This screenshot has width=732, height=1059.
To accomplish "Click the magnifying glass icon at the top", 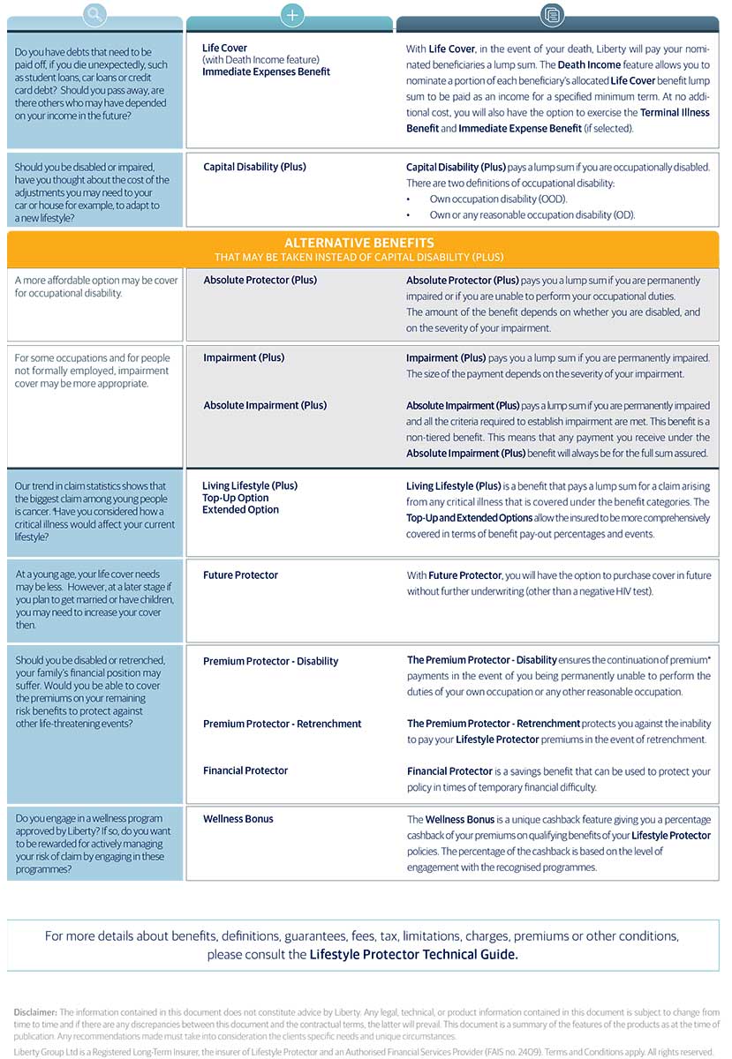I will pyautogui.click(x=94, y=14).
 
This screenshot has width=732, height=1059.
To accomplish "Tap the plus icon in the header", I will pyautogui.click(x=291, y=14).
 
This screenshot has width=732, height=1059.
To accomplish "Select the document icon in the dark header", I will pyautogui.click(x=553, y=14).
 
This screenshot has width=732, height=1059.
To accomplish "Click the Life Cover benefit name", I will pyautogui.click(x=224, y=49).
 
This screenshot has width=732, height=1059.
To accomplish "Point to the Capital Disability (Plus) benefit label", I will pyautogui.click(x=254, y=167).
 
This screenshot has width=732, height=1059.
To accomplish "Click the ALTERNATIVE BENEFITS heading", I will pyautogui.click(x=358, y=243).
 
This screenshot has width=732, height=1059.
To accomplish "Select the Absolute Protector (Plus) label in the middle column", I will pyautogui.click(x=260, y=280).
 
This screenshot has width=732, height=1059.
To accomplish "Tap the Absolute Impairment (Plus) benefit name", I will pyautogui.click(x=265, y=405).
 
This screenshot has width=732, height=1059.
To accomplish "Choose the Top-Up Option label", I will pyautogui.click(x=235, y=498).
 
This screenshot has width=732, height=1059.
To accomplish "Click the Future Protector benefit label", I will pyautogui.click(x=240, y=575).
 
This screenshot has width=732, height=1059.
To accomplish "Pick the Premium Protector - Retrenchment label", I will pyautogui.click(x=282, y=724).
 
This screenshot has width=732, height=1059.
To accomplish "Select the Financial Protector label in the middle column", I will pyautogui.click(x=245, y=770).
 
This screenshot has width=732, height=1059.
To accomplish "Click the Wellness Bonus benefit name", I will pyautogui.click(x=238, y=819).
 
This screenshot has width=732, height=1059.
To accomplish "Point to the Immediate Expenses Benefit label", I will pyautogui.click(x=266, y=71).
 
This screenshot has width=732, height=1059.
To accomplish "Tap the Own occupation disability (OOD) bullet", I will pyautogui.click(x=498, y=199).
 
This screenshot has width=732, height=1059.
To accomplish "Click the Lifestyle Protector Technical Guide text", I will pyautogui.click(x=413, y=954).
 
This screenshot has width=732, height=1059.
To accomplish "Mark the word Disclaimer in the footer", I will pyautogui.click(x=35, y=1012).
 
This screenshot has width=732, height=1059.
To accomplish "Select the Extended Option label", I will pyautogui.click(x=240, y=509).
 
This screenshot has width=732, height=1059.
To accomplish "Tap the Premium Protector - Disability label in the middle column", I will pyautogui.click(x=270, y=661).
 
